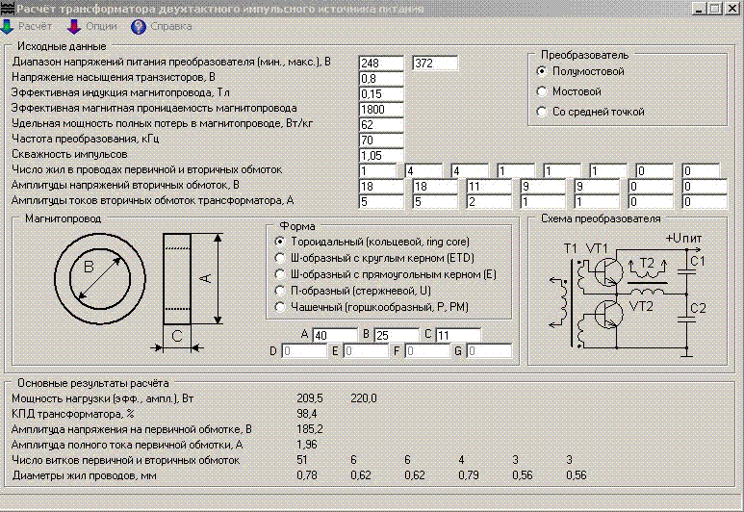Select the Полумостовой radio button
pos(542,71)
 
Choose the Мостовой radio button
pos(542,91)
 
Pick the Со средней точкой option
pos(542,112)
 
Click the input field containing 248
pos(381,63)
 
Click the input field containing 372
pos(434,63)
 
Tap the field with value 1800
pos(381,109)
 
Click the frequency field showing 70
pos(381,140)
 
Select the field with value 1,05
pos(381,155)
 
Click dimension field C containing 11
pos(456,335)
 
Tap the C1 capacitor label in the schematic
pos(699,261)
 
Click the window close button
pos(732,8)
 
